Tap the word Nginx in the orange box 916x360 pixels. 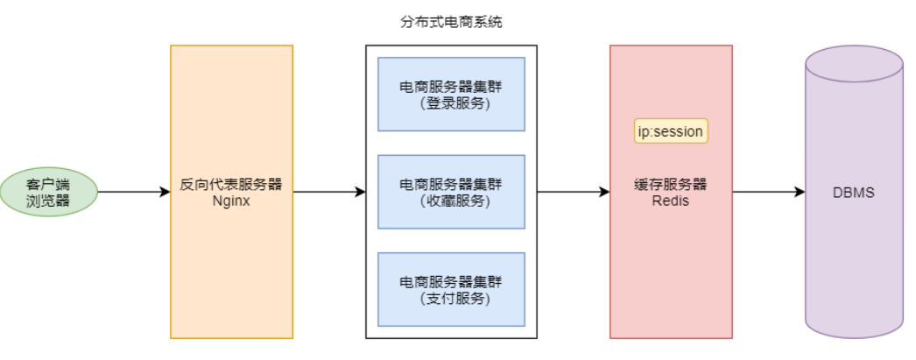(x=231, y=201)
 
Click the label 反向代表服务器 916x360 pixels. (x=231, y=185)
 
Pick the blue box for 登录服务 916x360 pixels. (x=451, y=95)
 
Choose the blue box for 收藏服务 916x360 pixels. (x=451, y=192)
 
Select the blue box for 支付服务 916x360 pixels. (x=451, y=289)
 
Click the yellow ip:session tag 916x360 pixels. (x=670, y=131)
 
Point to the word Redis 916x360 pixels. (x=671, y=201)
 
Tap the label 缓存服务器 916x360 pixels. (x=671, y=185)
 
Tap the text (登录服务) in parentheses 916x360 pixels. (x=451, y=103)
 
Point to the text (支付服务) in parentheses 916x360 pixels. (x=451, y=298)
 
